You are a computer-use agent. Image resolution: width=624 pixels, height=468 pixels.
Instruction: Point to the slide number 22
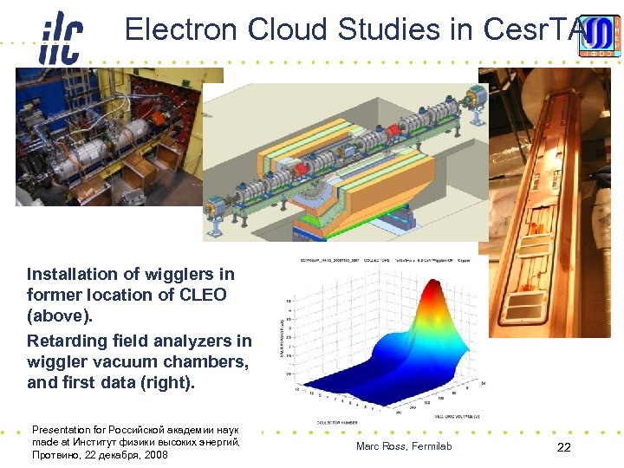coord(563,447)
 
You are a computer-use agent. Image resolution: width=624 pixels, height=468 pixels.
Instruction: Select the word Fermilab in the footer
coord(431,446)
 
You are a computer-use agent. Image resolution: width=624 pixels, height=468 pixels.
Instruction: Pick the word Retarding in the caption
coord(68,341)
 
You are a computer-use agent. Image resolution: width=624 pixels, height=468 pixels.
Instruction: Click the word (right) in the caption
coord(169,383)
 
